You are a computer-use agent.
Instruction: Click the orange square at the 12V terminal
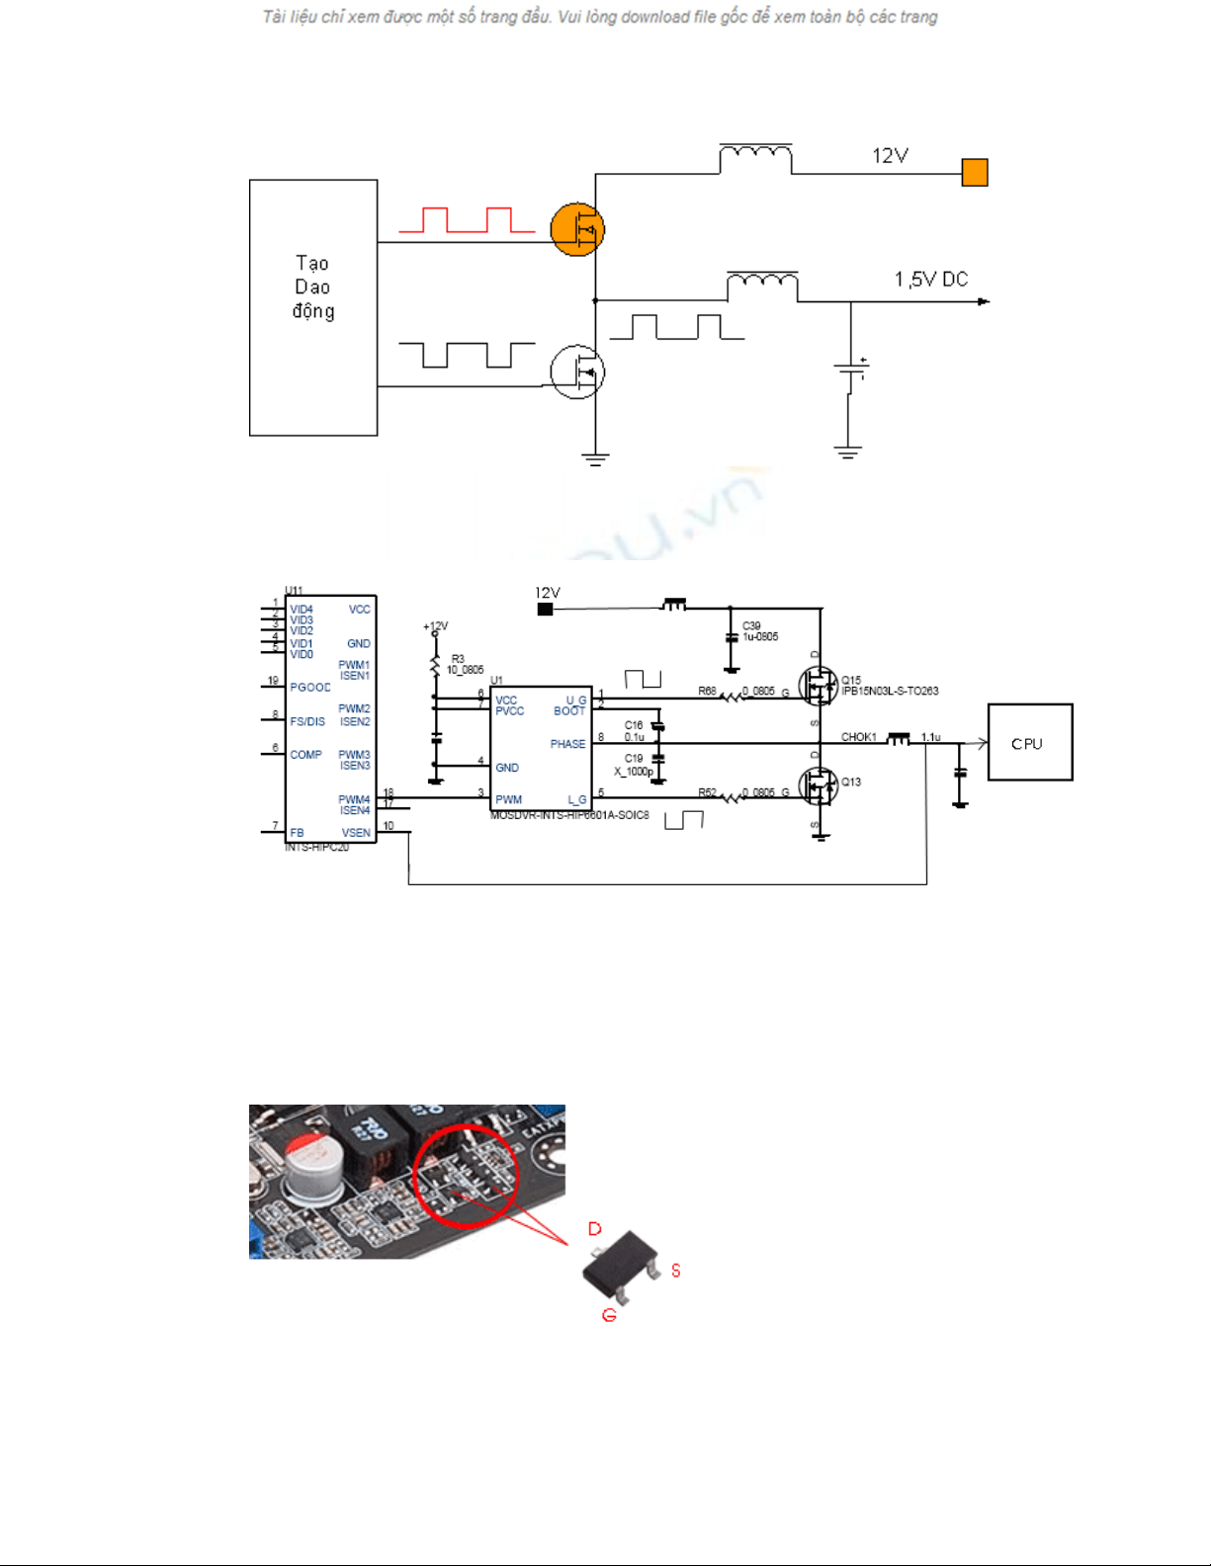tap(975, 173)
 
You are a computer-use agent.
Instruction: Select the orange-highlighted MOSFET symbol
tap(577, 229)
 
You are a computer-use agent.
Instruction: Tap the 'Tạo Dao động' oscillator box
tap(313, 307)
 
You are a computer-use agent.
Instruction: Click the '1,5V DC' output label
tap(931, 280)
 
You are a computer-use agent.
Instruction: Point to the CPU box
tap(1030, 743)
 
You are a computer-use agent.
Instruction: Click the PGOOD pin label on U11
tap(310, 687)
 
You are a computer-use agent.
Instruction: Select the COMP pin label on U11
tap(305, 754)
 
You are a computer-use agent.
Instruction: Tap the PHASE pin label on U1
tap(567, 744)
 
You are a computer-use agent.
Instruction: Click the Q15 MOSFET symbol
tap(818, 686)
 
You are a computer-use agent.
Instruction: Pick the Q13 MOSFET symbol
tap(818, 786)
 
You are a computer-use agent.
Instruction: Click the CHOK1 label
tap(858, 737)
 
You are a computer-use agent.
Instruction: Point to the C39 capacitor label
tap(751, 625)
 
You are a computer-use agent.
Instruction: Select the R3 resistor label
tap(458, 658)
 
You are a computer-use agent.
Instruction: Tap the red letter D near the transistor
tap(595, 1229)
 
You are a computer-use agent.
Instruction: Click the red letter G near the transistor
tap(609, 1315)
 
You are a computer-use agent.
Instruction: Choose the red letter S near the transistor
tap(676, 1271)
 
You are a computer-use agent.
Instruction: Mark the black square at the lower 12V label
tap(545, 610)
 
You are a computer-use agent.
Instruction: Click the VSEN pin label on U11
tap(356, 833)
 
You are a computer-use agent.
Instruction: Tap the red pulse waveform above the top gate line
tap(467, 220)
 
